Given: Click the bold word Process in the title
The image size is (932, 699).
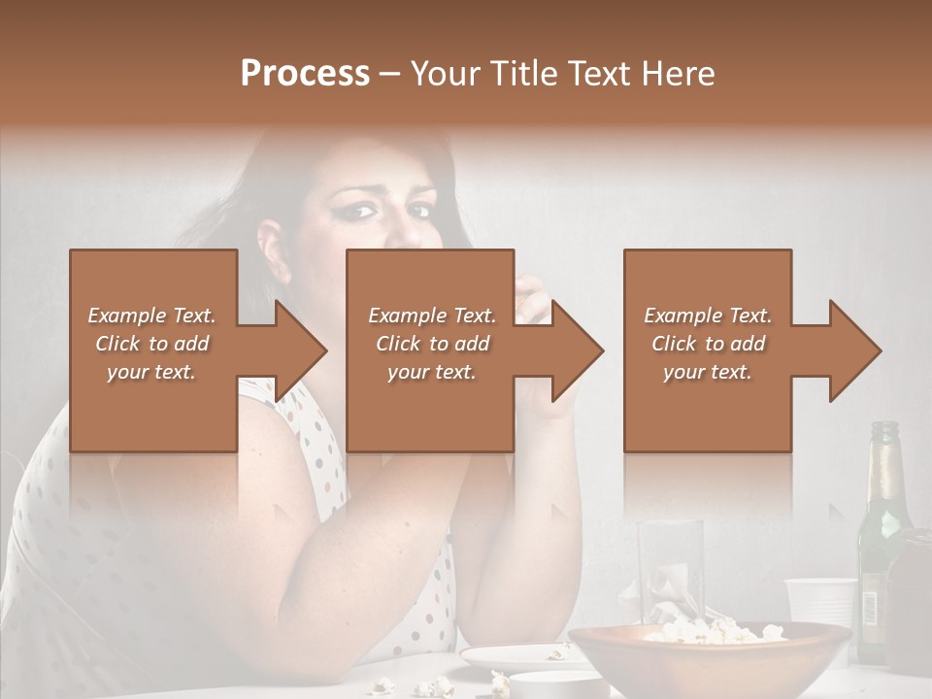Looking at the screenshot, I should [305, 74].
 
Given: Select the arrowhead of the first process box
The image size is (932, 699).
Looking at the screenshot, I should [301, 350].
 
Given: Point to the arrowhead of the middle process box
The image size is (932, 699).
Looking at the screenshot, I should [577, 350].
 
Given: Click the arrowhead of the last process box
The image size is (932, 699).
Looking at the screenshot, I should [854, 350].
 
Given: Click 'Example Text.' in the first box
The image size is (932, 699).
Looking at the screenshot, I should [151, 316].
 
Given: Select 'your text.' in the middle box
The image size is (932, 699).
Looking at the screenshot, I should [431, 372].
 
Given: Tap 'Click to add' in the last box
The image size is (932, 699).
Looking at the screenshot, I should [708, 344].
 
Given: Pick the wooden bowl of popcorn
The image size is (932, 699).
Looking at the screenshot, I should [709, 660].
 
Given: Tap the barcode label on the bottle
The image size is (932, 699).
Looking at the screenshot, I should [871, 607].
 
